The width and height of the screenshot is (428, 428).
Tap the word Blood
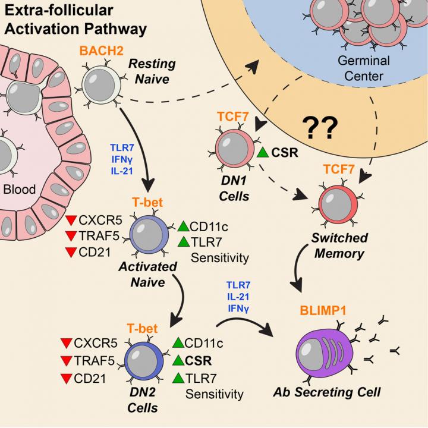[20, 190]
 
